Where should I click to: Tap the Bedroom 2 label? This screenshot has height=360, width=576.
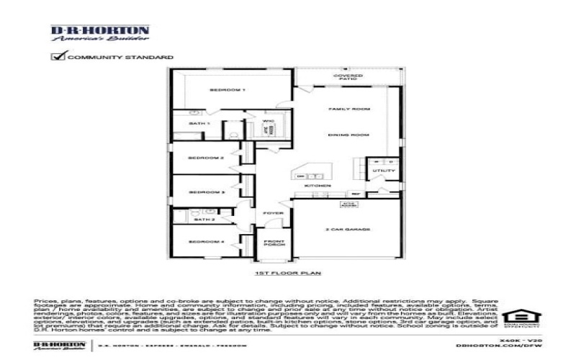coord(207,158)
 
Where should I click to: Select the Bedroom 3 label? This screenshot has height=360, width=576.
coord(207,192)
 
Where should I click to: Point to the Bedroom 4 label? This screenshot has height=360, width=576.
coord(207,241)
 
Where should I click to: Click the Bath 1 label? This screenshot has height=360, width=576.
coord(199,124)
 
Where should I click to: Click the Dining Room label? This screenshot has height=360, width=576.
coord(349,135)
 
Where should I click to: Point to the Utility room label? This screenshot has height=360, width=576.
coord(379,171)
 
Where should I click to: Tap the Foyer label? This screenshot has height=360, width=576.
coord(274,214)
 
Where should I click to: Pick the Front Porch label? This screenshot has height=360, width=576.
coord(274,243)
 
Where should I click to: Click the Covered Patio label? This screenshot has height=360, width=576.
coord(347,77)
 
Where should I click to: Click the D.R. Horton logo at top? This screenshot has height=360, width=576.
coord(99,34)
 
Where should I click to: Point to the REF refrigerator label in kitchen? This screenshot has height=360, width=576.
coord(355,194)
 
